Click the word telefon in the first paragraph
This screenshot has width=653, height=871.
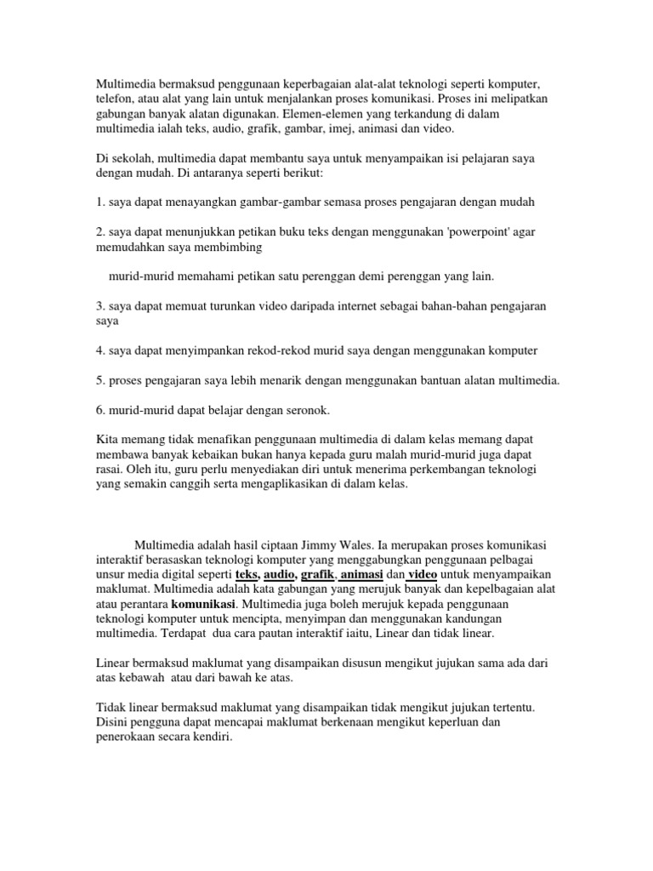point(113,100)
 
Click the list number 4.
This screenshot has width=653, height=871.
point(99,351)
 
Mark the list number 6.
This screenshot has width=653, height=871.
point(99,411)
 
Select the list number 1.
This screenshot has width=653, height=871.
point(99,202)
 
